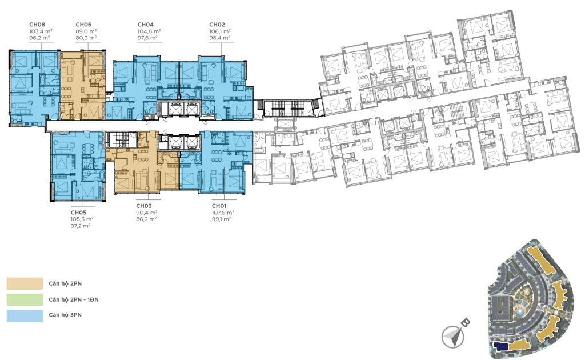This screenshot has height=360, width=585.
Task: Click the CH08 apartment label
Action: click(x=37, y=25)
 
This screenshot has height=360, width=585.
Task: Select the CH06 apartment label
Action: click(x=83, y=25)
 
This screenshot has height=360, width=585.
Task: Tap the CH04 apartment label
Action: click(x=146, y=25)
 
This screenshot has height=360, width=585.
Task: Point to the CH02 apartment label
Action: click(x=217, y=25)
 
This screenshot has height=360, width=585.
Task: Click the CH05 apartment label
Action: click(x=78, y=212)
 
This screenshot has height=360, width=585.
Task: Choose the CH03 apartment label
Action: click(x=143, y=206)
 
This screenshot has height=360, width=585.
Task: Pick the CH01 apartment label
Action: click(x=219, y=206)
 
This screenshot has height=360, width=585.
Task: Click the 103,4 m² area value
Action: click(x=41, y=31)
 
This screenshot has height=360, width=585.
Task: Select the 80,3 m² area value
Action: click(x=86, y=38)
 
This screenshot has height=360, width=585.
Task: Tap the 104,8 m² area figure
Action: click(x=149, y=31)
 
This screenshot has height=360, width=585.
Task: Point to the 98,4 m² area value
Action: click(x=219, y=38)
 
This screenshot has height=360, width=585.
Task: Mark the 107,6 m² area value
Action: click(x=223, y=212)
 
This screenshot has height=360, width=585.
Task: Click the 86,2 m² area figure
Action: click(x=146, y=219)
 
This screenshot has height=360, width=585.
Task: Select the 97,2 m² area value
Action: click(x=81, y=226)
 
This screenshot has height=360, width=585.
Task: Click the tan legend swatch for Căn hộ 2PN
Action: click(x=25, y=283)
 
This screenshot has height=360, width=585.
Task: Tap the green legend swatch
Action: click(x=25, y=299)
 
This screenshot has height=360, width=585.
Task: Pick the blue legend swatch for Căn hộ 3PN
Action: click(x=25, y=315)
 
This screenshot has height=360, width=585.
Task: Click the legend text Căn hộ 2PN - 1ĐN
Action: click(x=74, y=299)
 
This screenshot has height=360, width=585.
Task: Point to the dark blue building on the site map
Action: click(x=500, y=346)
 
